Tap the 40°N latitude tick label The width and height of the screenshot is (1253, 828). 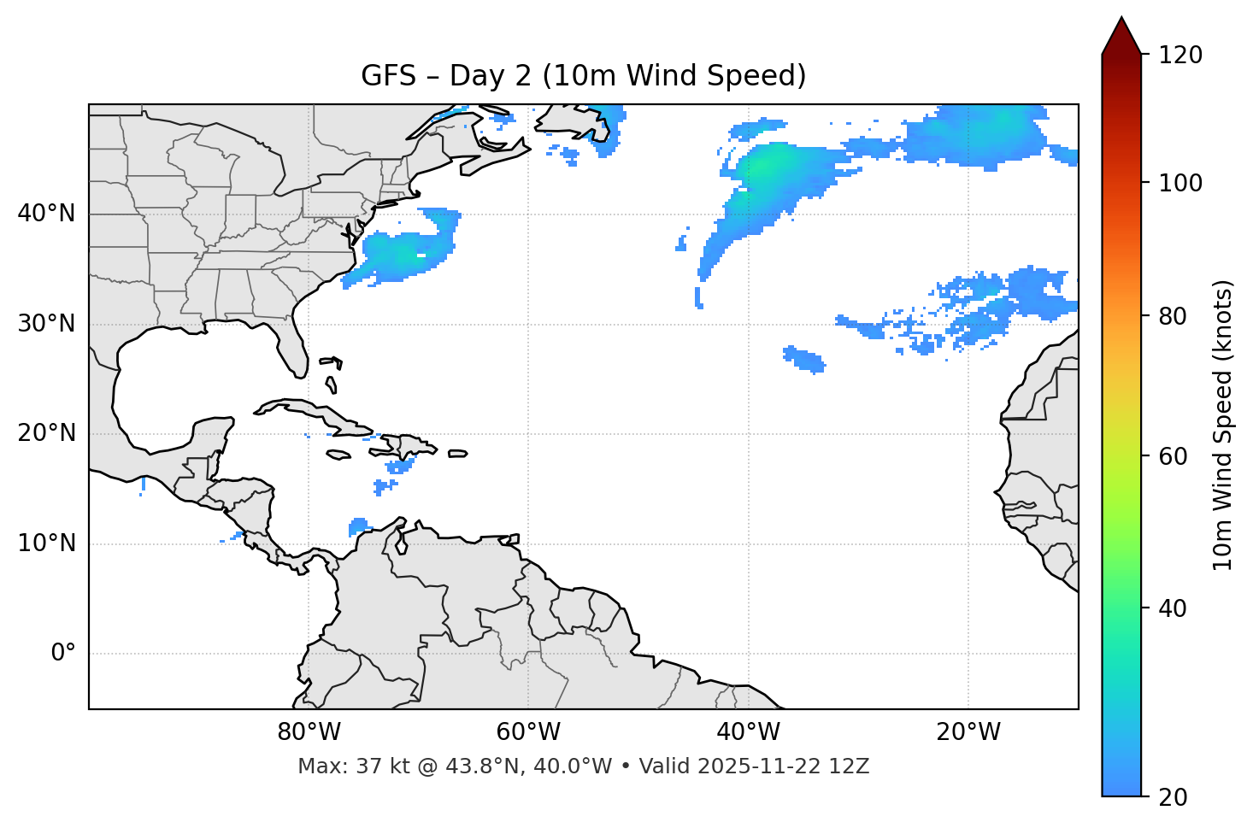(46, 214)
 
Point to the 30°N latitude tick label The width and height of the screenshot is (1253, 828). (46, 324)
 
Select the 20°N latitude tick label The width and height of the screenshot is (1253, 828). (46, 433)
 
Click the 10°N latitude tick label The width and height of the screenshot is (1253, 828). (46, 543)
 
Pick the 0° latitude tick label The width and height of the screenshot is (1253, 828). (63, 654)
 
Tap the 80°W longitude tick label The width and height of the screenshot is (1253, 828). (309, 732)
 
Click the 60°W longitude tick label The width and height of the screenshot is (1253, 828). (527, 732)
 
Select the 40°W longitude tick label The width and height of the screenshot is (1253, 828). (748, 732)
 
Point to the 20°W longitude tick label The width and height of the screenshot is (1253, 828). (968, 732)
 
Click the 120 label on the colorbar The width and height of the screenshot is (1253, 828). (1179, 56)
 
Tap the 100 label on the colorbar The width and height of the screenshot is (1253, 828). (1179, 183)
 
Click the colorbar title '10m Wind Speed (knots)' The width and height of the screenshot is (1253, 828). (1223, 425)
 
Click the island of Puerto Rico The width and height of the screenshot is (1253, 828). (458, 454)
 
